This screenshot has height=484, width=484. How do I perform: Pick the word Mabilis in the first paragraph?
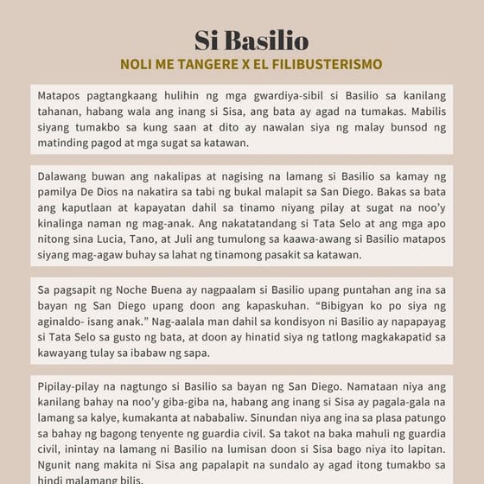pyautogui.click(x=424, y=111)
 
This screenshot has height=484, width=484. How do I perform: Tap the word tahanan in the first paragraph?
pyautogui.click(x=60, y=111)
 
